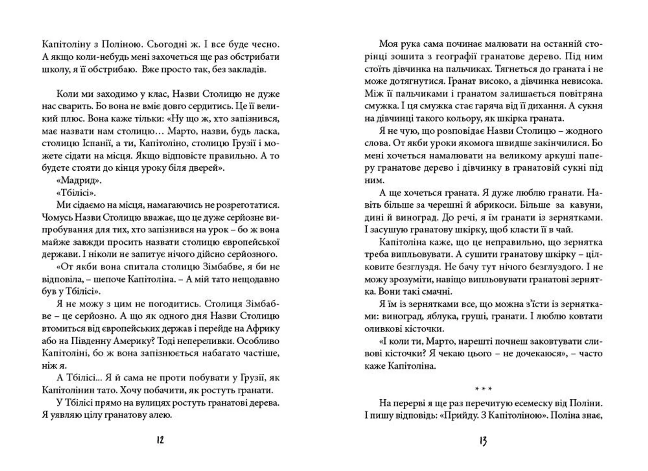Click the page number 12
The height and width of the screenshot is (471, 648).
160,440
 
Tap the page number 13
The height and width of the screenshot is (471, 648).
483,441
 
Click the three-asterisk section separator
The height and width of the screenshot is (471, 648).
483,389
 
